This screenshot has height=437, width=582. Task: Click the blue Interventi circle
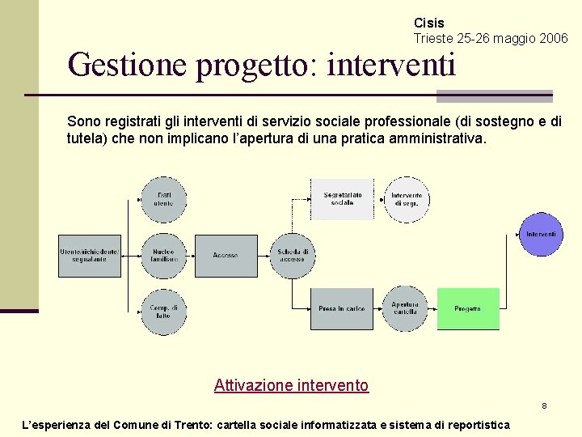click(541, 235)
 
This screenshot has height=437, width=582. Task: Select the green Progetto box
click(468, 309)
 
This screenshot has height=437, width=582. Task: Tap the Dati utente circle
click(164, 199)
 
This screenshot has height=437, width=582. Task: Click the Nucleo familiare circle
click(164, 255)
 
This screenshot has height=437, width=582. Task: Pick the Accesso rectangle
click(226, 255)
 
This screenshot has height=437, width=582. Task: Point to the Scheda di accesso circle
click(292, 255)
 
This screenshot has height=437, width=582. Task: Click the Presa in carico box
click(342, 309)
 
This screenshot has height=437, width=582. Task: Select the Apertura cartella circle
click(405, 309)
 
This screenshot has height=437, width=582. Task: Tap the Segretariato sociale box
click(342, 199)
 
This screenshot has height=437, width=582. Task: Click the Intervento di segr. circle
click(406, 199)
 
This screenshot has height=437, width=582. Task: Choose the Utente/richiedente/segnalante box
click(89, 255)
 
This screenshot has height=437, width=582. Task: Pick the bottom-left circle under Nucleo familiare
click(164, 312)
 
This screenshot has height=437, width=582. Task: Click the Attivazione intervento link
click(291, 386)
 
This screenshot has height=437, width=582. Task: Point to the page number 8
click(545, 405)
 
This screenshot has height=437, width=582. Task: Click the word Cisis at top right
click(429, 23)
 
